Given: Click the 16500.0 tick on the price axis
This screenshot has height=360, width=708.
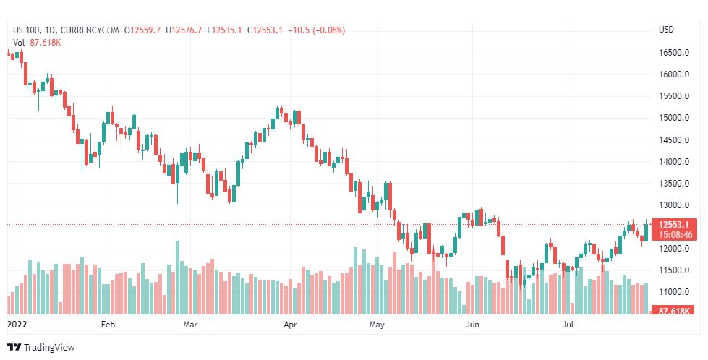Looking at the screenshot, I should tap(672, 53).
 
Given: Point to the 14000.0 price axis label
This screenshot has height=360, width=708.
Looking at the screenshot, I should tap(672, 162).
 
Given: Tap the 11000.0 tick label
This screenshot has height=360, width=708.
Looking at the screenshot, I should tap(672, 292).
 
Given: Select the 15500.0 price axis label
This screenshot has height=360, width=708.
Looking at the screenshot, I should tap(672, 96).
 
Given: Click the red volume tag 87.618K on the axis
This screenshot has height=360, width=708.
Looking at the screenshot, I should tap(673, 311).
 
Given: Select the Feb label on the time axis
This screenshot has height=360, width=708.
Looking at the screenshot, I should tap(108, 325).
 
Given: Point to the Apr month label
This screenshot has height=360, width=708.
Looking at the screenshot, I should tap(290, 325).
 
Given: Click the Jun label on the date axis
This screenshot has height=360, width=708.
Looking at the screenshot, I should tap(472, 325).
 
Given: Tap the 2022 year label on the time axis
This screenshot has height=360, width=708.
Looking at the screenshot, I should tap(16, 325).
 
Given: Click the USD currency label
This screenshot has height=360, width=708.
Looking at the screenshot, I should tap(667, 30).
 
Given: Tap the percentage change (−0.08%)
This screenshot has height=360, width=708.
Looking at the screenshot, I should tap(326, 30).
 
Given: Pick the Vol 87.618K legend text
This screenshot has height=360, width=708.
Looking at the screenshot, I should tap(38, 42).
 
